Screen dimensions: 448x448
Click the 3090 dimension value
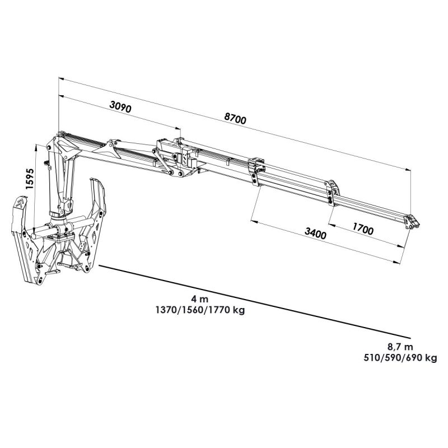(120, 107)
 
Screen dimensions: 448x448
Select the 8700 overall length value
(235, 118)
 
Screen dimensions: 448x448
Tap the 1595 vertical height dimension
(30, 179)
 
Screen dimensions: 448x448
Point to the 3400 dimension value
(315, 233)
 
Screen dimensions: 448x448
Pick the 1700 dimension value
(363, 228)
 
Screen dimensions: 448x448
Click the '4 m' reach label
(200, 299)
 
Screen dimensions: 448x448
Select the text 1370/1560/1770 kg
(200, 310)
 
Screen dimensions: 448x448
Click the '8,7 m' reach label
(400, 347)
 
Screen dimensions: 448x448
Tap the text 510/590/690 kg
(400, 358)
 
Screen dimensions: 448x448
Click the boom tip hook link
(412, 222)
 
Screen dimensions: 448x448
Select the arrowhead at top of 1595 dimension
(36, 147)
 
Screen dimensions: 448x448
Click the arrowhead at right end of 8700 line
(408, 170)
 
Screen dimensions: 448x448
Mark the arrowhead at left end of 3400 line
(254, 221)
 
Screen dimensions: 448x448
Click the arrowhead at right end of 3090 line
(178, 129)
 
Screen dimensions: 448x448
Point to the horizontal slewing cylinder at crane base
(62, 227)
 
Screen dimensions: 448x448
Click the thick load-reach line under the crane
(255, 301)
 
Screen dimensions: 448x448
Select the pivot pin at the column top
(49, 147)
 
